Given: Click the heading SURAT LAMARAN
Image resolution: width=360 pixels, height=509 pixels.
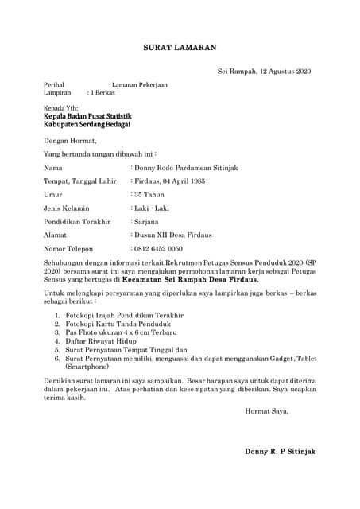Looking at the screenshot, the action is (180, 48).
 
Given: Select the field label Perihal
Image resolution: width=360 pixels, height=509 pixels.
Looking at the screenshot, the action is (54, 84).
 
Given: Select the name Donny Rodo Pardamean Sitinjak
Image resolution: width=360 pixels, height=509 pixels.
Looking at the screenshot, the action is (187, 168).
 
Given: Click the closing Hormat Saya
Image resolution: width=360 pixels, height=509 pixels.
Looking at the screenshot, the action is (267, 411).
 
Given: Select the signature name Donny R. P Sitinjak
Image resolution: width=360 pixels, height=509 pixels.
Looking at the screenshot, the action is (280, 451).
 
